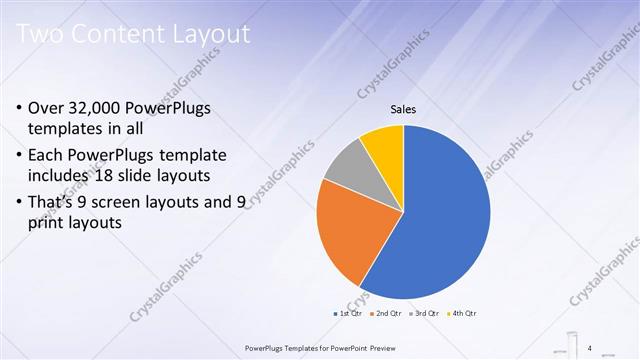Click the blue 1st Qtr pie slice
[440, 210]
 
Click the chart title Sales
[403, 110]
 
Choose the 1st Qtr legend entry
[348, 314]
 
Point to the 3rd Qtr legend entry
[427, 314]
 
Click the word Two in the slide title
[41, 35]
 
